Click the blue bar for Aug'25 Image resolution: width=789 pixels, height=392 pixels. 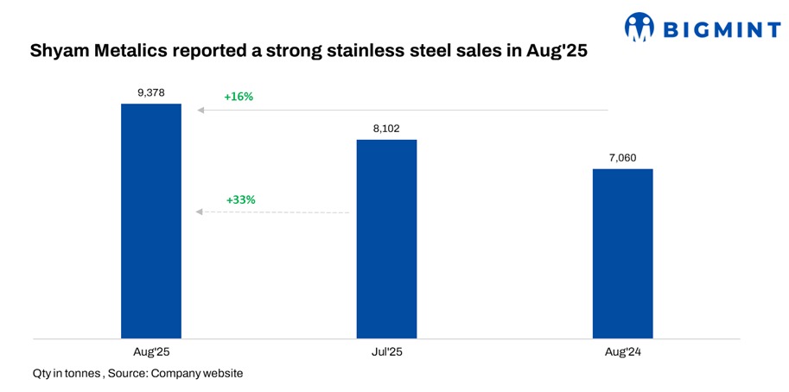click(x=151, y=220)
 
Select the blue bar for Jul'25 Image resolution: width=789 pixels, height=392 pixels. click(x=386, y=238)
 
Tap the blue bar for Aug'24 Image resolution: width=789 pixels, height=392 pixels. click(x=622, y=253)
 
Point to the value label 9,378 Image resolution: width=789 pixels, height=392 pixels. click(x=151, y=93)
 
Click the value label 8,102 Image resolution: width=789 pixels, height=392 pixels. click(x=386, y=129)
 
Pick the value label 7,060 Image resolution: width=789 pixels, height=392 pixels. click(x=622, y=158)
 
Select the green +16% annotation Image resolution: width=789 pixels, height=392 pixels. click(x=239, y=97)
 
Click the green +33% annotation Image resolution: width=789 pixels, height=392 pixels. click(x=240, y=199)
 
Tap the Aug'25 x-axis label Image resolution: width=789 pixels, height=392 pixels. click(x=151, y=352)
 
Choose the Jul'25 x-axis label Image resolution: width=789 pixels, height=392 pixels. click(x=386, y=352)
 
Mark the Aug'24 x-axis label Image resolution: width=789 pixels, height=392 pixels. click(x=622, y=352)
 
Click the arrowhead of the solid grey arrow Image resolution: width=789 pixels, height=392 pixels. click(x=200, y=111)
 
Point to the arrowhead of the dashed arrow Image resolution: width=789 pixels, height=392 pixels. click(x=200, y=212)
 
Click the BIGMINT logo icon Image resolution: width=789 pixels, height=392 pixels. click(x=639, y=28)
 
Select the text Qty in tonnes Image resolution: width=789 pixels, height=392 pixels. click(x=65, y=373)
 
